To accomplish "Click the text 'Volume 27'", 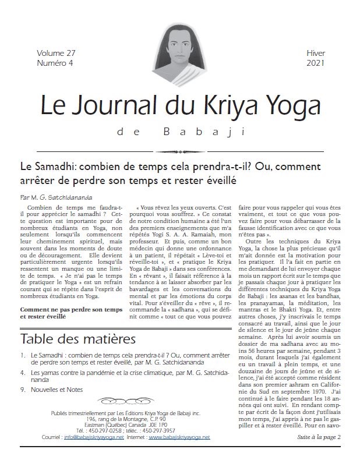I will tap(54, 52).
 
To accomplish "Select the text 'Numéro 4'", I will tap(54, 62).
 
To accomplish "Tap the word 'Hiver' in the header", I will tap(315, 52).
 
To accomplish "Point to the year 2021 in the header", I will tap(315, 62).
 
